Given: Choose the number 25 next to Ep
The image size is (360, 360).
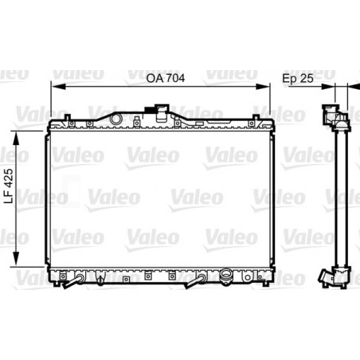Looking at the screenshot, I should click(x=306, y=80).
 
